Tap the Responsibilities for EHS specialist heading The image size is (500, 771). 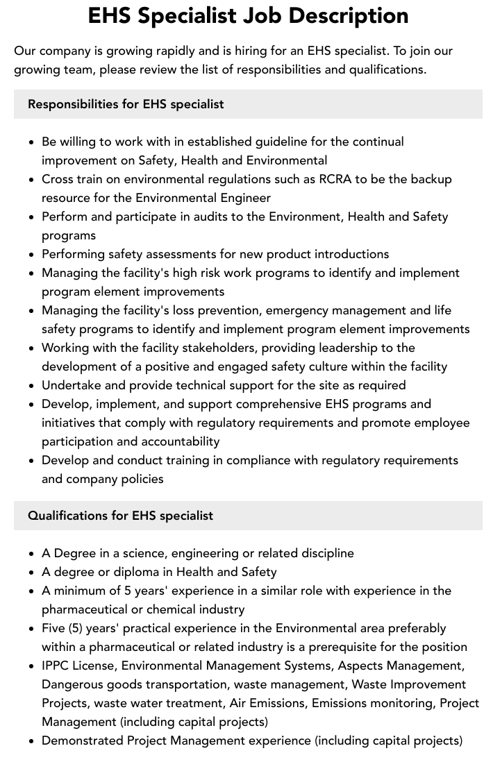(x=126, y=104)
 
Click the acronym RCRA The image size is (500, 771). (x=335, y=179)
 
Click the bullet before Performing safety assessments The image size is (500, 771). (x=32, y=255)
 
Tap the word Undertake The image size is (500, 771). (x=70, y=385)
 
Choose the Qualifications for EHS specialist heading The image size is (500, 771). (x=120, y=516)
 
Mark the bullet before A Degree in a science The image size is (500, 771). (x=32, y=554)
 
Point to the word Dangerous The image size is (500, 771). (x=72, y=684)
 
